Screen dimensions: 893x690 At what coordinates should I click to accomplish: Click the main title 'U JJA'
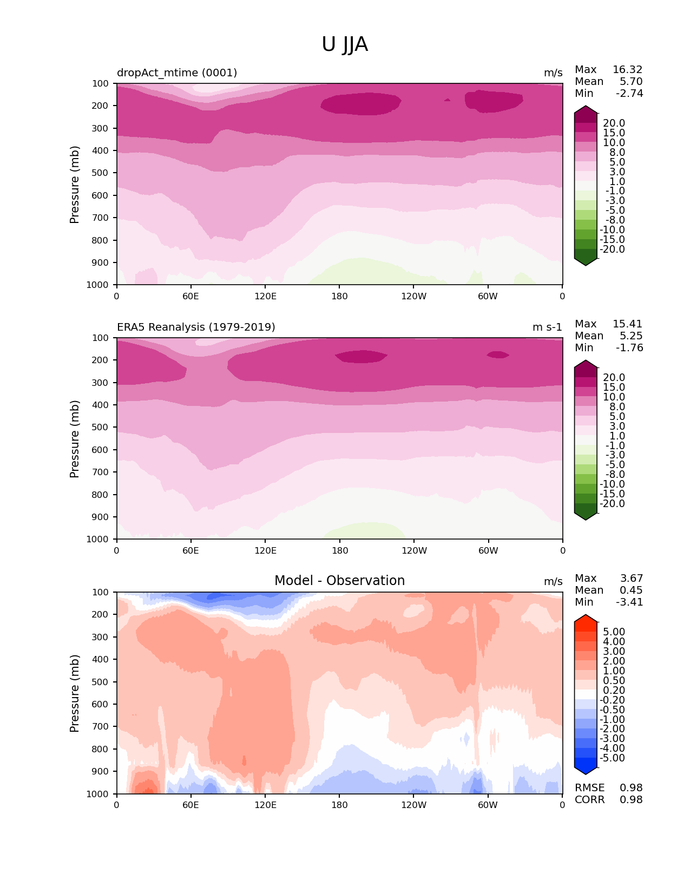coord(345,44)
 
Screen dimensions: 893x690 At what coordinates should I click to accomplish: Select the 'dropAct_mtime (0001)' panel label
coord(177,73)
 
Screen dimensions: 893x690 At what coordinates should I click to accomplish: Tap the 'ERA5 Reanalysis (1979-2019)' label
coord(196,327)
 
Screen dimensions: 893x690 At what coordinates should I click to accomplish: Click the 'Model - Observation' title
coord(339,581)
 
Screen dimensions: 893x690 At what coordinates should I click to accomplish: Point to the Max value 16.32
coord(627,69)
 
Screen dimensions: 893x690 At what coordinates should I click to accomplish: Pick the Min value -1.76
coord(629,347)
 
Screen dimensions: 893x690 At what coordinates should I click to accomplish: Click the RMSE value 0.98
coord(631,787)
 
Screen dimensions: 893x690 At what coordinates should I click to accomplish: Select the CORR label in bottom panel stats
coord(589,799)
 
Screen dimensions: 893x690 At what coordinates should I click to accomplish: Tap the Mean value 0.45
coord(631,590)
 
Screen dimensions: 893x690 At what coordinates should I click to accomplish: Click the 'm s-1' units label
coord(547,327)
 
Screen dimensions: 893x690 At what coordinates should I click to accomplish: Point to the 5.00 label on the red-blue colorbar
coord(614,632)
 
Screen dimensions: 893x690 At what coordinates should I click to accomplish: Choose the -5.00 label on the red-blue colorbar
coord(612,758)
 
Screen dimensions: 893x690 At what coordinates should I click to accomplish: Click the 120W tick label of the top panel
coord(413,296)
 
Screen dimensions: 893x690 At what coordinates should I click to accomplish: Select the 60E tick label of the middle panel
coord(190,550)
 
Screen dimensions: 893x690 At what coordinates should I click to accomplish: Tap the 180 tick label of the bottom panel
coord(339,805)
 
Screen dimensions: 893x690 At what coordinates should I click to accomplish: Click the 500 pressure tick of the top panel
coord(101,173)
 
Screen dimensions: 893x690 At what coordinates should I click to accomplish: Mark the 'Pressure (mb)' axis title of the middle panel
coord(75,438)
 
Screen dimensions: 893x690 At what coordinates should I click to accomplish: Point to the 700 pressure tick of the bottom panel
coord(101,726)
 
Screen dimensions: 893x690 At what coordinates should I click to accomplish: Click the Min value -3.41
coord(629,602)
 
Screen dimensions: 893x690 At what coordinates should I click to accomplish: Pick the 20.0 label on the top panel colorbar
coord(614,123)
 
